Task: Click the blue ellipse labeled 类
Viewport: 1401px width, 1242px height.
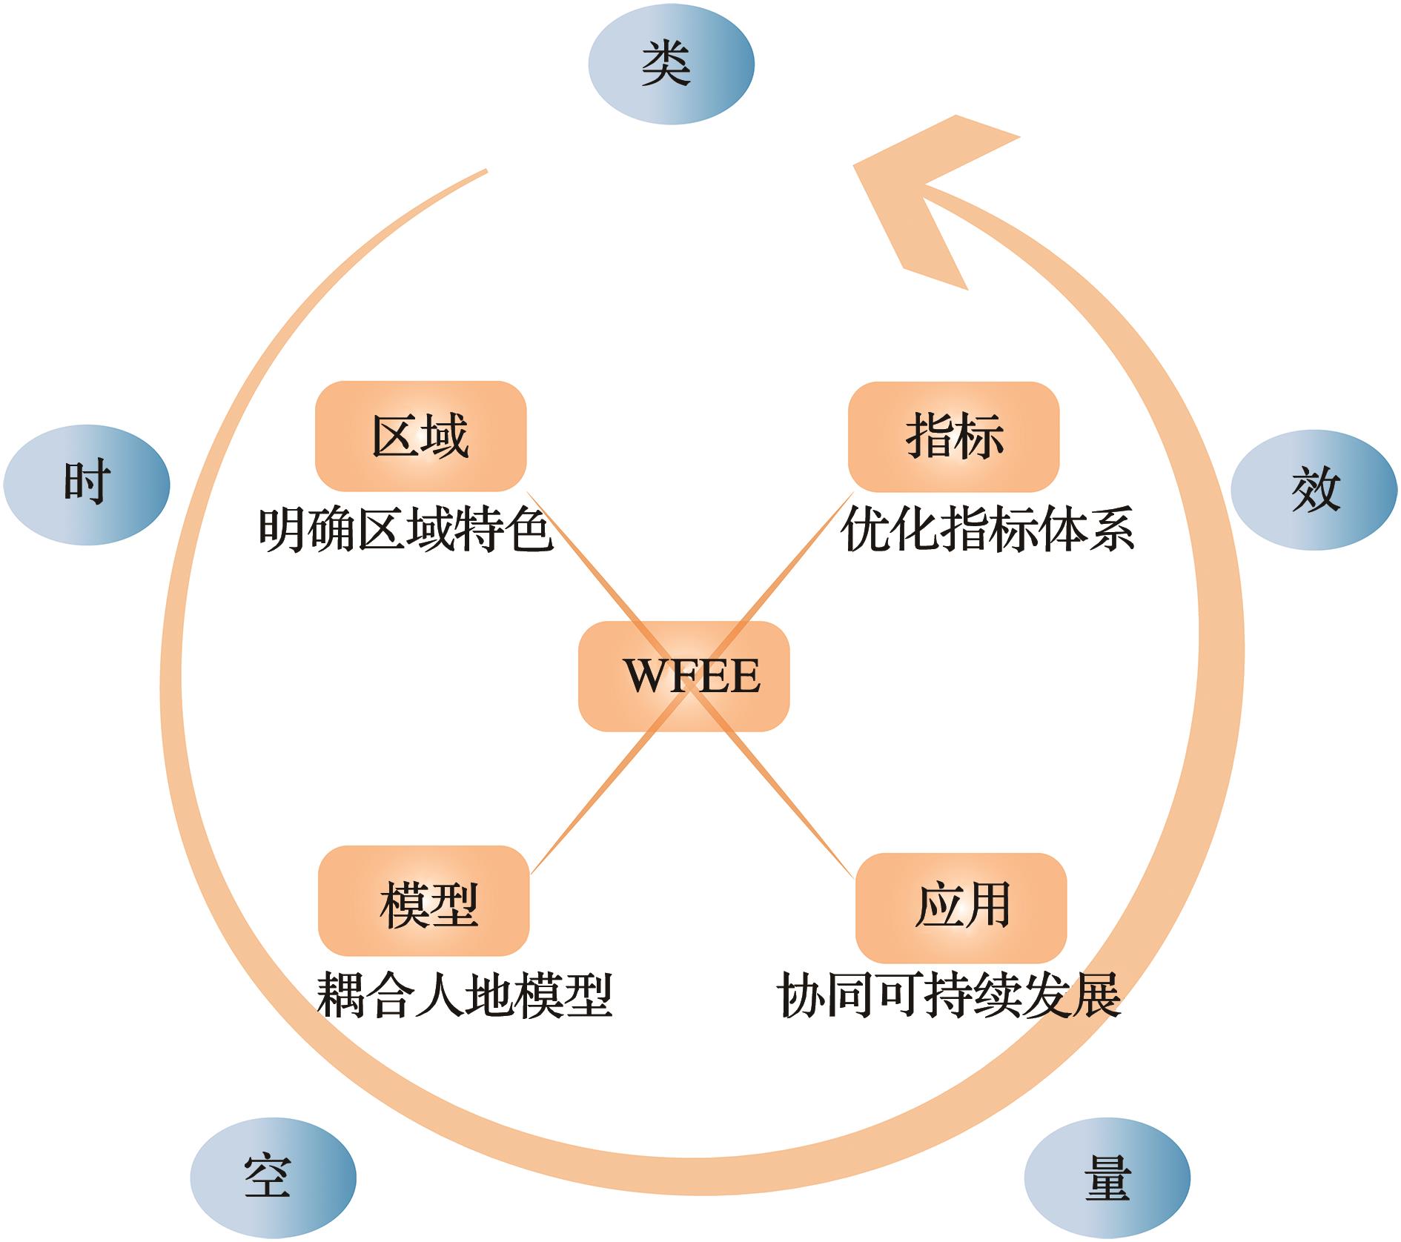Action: [x=671, y=64]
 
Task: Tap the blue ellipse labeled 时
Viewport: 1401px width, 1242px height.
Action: [x=87, y=485]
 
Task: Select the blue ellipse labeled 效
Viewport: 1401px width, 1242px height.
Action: [x=1314, y=490]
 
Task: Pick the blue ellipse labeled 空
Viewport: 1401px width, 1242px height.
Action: [x=273, y=1178]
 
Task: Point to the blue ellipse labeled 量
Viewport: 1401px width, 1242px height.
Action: [x=1107, y=1178]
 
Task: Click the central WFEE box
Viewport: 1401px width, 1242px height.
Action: [x=683, y=676]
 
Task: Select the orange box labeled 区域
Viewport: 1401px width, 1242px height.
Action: [x=421, y=436]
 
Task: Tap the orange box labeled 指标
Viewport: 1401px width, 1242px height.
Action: [x=954, y=436]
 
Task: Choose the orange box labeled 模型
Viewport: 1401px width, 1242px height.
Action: [x=424, y=900]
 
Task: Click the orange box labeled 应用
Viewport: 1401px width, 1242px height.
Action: [x=961, y=908]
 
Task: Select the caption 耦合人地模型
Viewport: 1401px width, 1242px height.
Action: [x=465, y=996]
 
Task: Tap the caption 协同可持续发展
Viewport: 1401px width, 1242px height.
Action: [x=949, y=996]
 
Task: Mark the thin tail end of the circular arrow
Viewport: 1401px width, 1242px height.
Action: [x=486, y=171]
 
